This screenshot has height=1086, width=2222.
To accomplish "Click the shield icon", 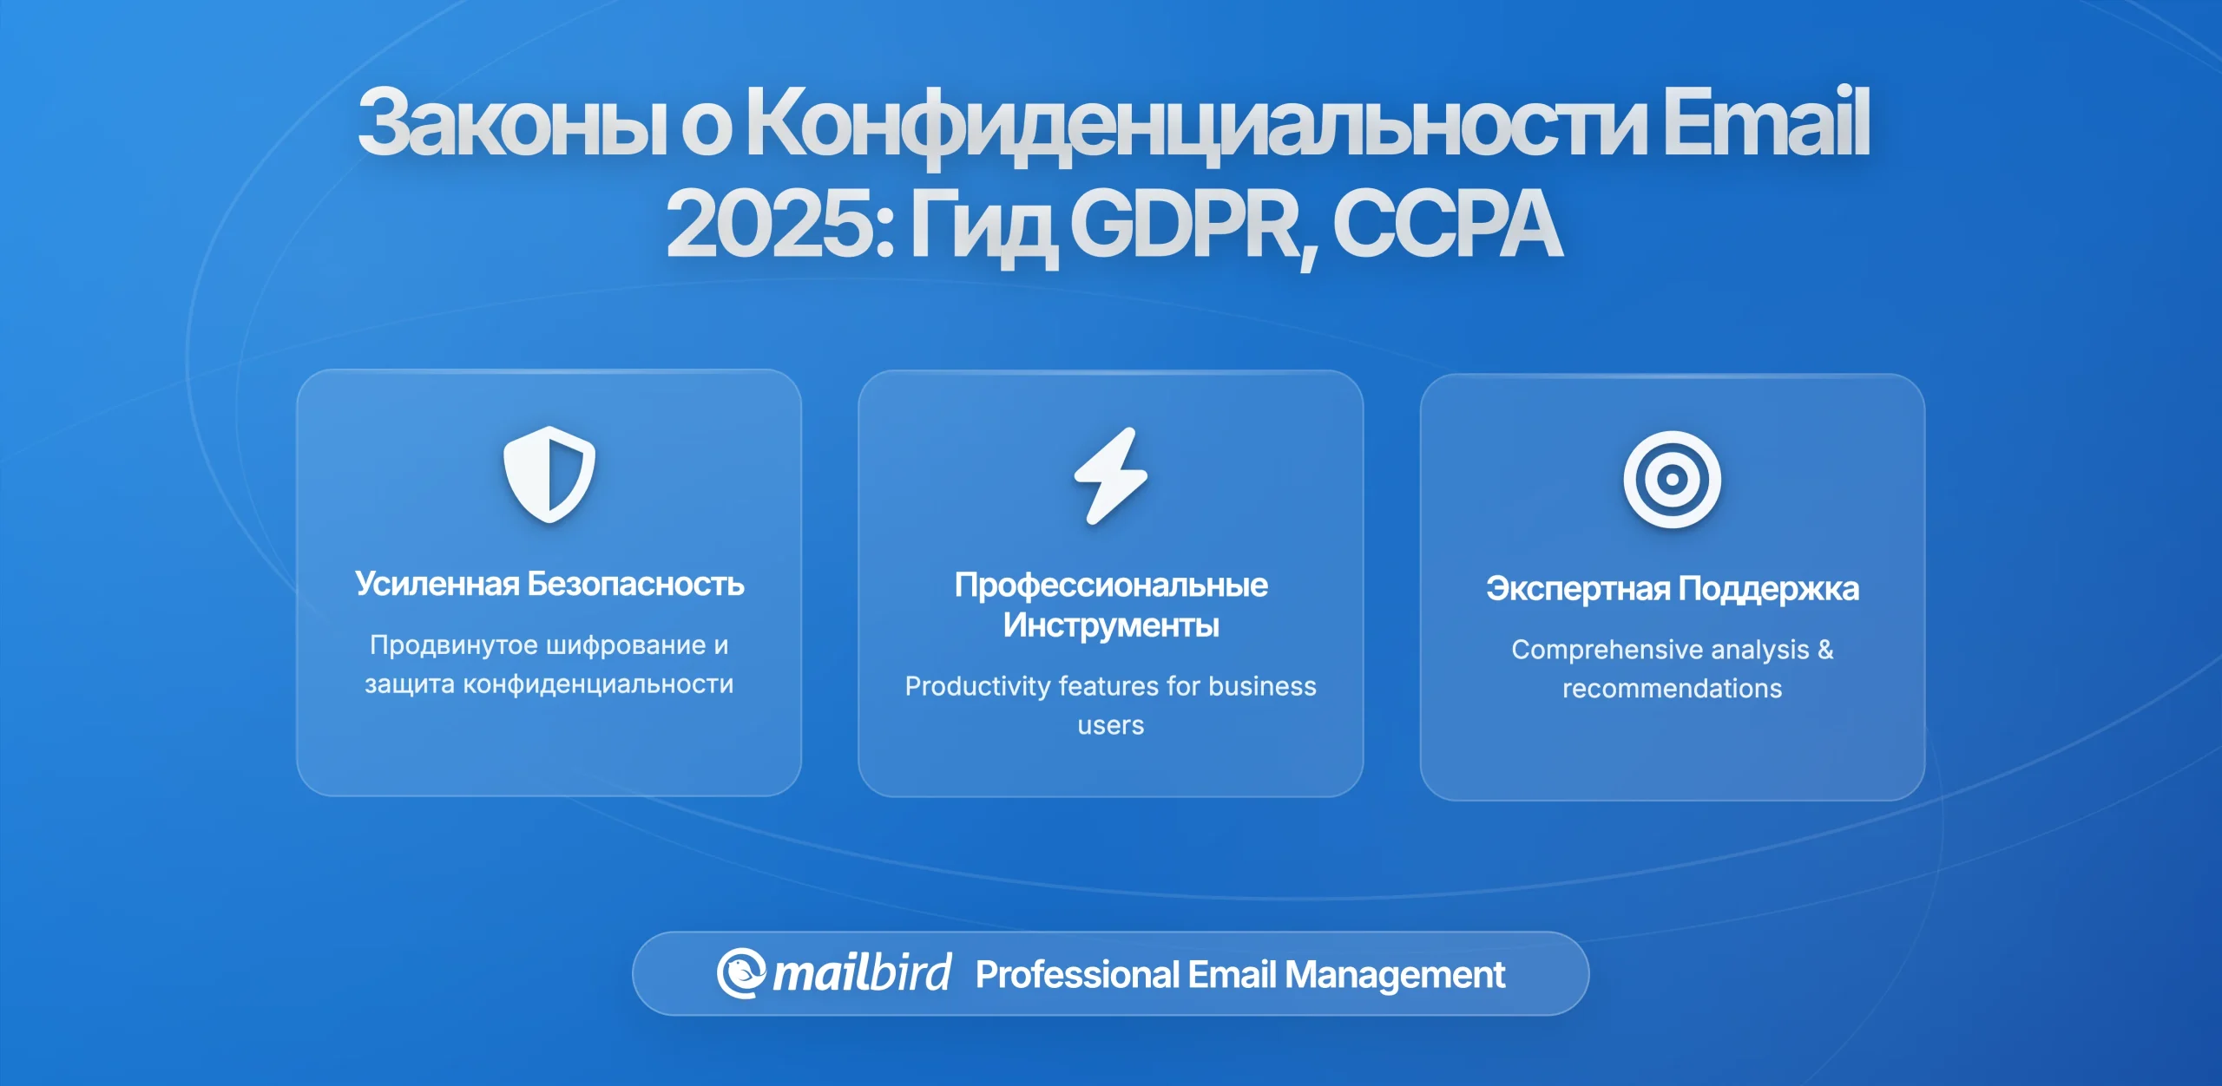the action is (x=549, y=474).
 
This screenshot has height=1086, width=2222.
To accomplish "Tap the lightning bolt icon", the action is (x=1111, y=475).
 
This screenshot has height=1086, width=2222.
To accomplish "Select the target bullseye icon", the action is (x=1672, y=479).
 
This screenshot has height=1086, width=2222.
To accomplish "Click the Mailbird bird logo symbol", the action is (x=740, y=973).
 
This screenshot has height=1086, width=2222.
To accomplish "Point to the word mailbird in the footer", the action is (x=862, y=972).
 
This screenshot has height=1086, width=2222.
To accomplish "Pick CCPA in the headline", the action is (x=1447, y=224).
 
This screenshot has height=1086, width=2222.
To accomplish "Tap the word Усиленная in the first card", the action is (x=437, y=584).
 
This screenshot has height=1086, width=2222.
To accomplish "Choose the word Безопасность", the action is (x=635, y=584).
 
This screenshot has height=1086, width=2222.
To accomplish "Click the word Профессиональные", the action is (x=1111, y=586).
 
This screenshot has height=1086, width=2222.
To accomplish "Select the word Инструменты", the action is (x=1111, y=625).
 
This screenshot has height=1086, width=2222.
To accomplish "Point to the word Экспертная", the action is (x=1578, y=589).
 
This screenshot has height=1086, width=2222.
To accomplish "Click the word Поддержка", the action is (x=1768, y=590).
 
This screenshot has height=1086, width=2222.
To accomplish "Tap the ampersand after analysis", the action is (x=1825, y=649).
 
